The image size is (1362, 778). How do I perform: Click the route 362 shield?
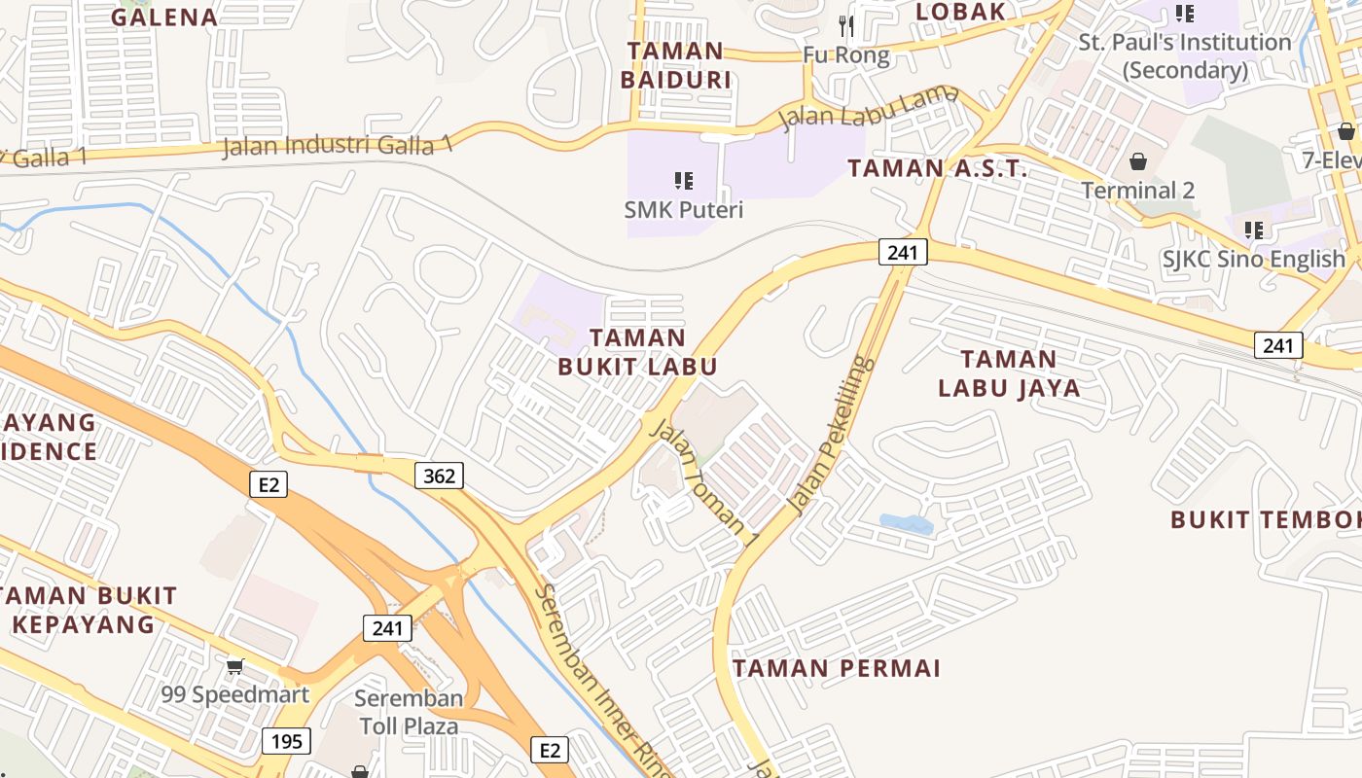point(439,476)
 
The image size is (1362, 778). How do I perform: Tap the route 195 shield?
point(287,742)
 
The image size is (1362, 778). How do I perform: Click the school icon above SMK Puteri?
point(683,180)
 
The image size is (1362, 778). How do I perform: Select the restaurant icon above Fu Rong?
point(846,26)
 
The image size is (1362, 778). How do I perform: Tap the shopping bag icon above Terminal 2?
point(1137,160)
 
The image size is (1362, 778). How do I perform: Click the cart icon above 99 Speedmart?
point(234,666)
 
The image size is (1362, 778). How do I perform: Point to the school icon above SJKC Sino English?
point(1254,230)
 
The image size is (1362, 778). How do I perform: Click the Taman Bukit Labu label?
point(637,352)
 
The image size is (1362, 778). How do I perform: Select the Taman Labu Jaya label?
point(1009,373)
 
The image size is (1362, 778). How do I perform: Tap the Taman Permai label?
point(837,669)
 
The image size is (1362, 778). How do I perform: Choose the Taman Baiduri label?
point(675,65)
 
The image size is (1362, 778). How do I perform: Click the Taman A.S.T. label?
point(937,168)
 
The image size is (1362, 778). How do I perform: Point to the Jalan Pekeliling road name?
point(829,436)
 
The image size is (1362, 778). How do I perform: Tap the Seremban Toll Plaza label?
point(409,712)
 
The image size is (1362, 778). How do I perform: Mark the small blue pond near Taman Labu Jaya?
point(907,525)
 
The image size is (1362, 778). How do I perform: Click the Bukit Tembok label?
point(1265,520)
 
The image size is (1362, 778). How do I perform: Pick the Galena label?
point(163,17)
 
